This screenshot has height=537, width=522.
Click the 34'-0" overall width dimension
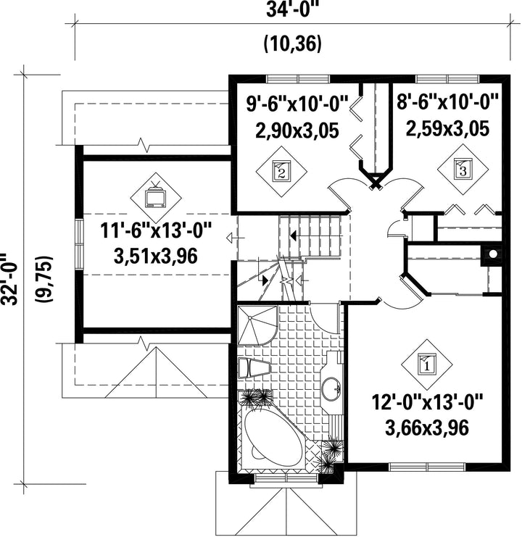[290, 9]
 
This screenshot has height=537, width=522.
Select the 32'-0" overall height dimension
[9, 279]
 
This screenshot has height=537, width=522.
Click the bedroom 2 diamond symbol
[281, 171]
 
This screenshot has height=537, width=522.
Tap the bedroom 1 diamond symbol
[427, 365]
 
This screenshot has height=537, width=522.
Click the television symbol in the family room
[155, 196]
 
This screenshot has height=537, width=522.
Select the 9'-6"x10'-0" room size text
[297, 103]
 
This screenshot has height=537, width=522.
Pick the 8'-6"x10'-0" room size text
[447, 101]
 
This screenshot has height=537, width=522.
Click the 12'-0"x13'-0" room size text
[427, 401]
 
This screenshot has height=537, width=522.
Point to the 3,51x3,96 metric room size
[155, 256]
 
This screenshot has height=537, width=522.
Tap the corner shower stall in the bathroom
[258, 325]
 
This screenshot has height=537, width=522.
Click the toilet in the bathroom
[254, 368]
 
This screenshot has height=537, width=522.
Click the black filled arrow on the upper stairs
[293, 236]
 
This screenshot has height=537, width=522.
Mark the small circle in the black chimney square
[493, 254]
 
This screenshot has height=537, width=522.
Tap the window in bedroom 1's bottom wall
[428, 467]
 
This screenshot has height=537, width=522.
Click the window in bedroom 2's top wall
[298, 79]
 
